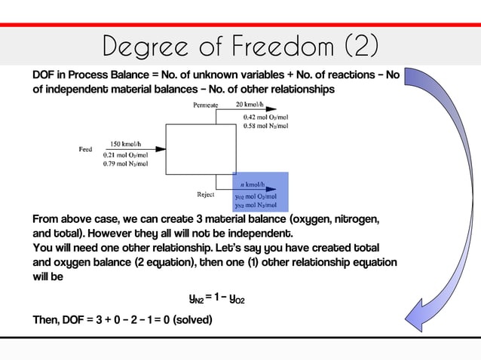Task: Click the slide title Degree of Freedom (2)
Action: (240, 47)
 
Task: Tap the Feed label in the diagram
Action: (86, 149)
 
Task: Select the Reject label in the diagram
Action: (205, 194)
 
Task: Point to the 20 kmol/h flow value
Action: (250, 105)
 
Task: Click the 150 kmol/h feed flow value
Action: (124, 143)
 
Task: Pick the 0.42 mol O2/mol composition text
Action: (265, 117)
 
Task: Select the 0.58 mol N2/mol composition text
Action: (265, 126)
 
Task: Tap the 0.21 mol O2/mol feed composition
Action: (125, 154)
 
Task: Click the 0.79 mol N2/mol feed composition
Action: (125, 163)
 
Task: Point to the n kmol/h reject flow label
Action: (252, 185)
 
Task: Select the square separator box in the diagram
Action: (190, 150)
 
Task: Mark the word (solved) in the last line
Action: (192, 319)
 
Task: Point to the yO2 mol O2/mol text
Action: (256, 196)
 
